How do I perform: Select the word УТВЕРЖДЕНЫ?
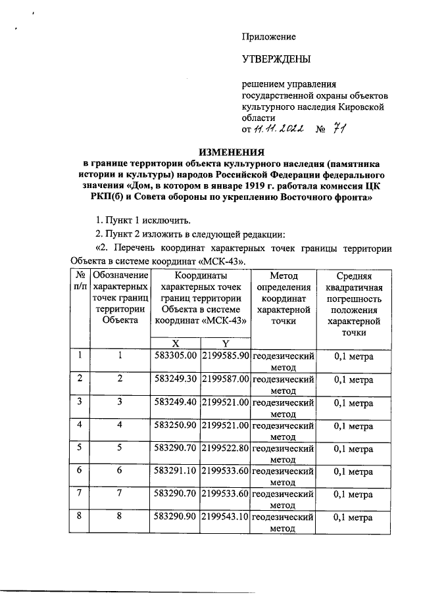coord(276,60)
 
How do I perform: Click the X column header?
coord(176,343)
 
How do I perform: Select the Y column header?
coord(225,343)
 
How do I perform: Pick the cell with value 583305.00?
coord(176,356)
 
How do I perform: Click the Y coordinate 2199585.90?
coord(225,356)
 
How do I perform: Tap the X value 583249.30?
coord(176,379)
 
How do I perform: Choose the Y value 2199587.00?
coord(225,379)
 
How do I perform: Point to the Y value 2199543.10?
coord(225,518)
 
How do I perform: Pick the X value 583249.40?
coord(176,402)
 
